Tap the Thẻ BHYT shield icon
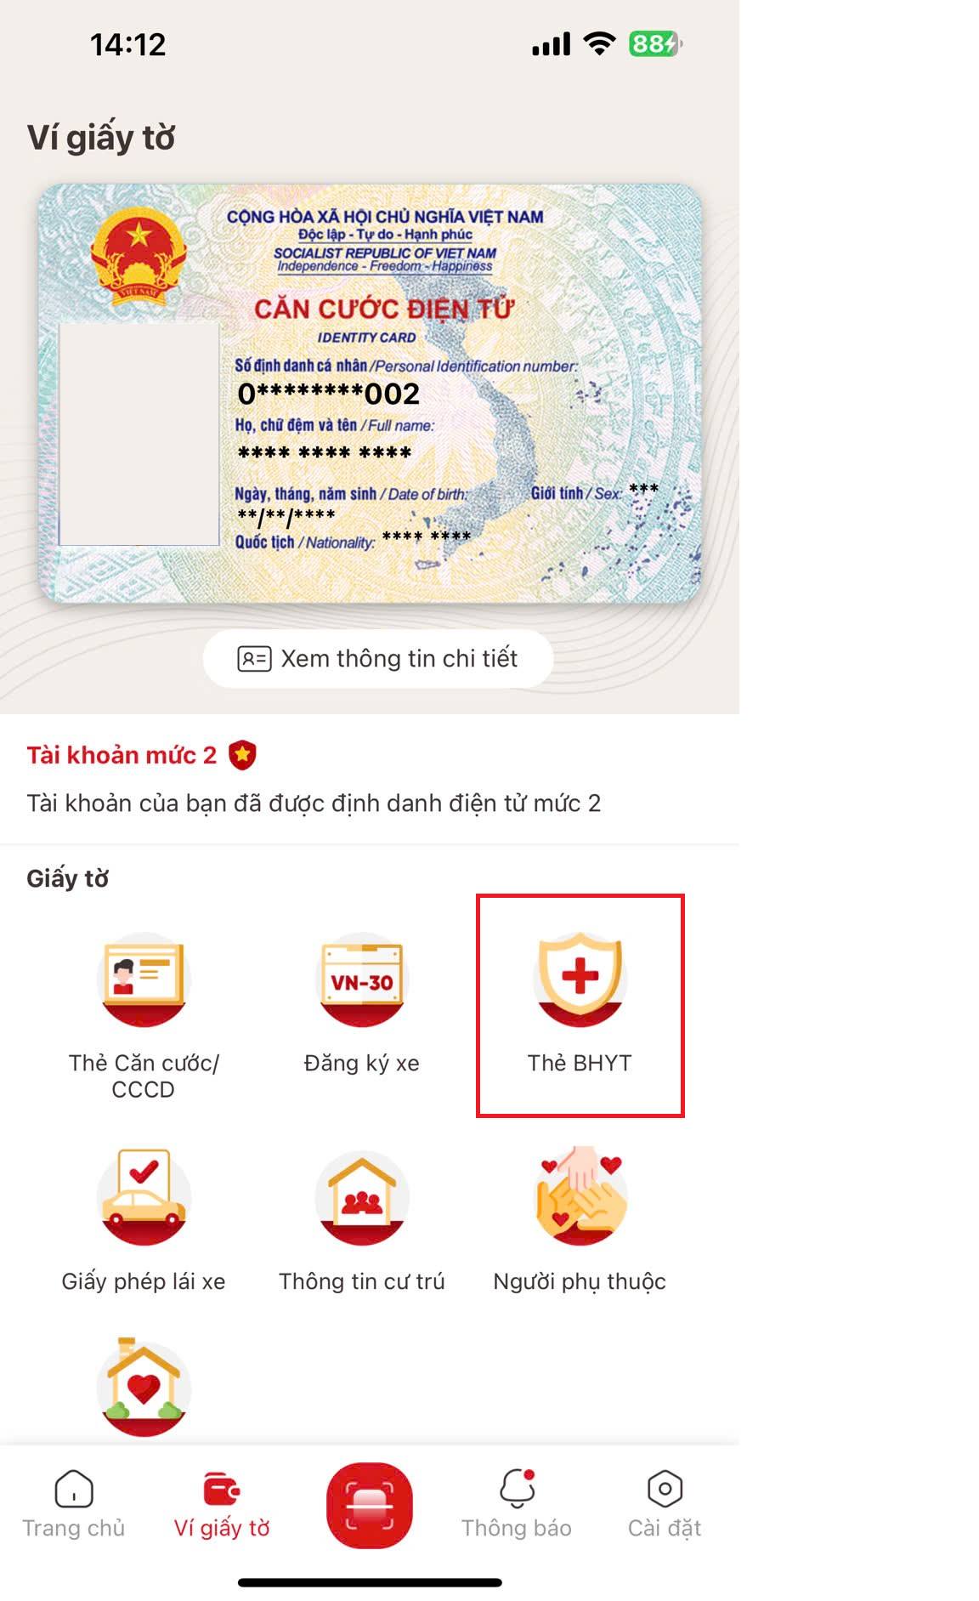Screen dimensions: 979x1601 coord(580,978)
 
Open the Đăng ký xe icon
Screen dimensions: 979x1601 coord(362,979)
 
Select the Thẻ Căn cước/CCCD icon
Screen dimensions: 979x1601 coord(143,979)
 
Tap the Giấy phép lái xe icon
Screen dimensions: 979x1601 coord(143,1197)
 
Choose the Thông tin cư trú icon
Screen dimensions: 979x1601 coord(362,1198)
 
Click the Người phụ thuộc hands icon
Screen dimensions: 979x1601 coord(580,1195)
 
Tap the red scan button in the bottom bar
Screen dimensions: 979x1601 coord(370,1505)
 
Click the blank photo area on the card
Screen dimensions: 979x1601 coord(139,434)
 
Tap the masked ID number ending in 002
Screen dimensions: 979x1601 coord(329,394)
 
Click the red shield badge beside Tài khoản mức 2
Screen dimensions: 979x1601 coord(242,755)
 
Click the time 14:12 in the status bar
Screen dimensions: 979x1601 coord(127,44)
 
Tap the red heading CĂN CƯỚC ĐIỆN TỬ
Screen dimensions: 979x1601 coord(384,309)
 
